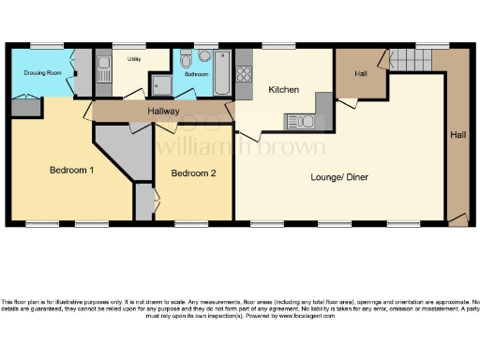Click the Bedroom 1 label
(x=72, y=170)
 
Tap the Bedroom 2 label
(x=194, y=172)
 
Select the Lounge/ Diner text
(x=339, y=175)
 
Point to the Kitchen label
(x=284, y=90)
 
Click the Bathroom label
(x=197, y=73)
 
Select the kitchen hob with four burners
(x=245, y=72)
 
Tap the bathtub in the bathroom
(x=222, y=73)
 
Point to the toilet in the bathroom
(x=203, y=55)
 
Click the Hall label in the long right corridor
(x=457, y=135)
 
